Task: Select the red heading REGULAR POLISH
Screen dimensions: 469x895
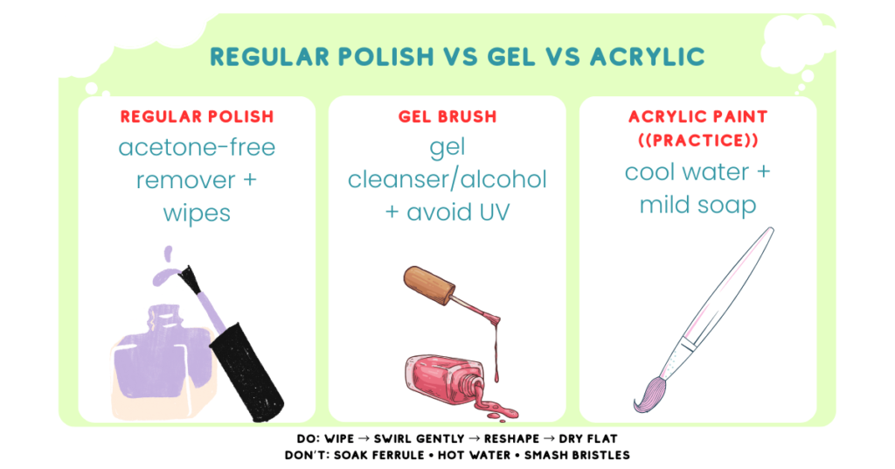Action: (x=197, y=116)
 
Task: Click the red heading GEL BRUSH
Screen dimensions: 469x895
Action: (x=447, y=116)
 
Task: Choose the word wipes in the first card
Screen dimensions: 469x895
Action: (x=197, y=213)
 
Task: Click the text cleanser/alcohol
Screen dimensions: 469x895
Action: (x=447, y=180)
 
